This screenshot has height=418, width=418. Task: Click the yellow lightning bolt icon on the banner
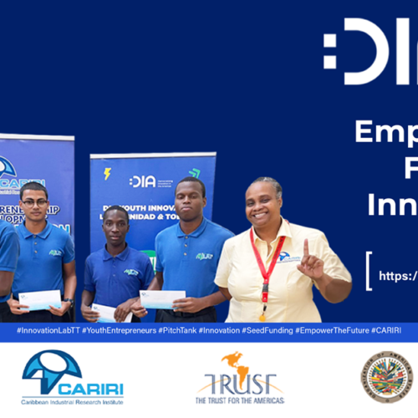[x=107, y=174]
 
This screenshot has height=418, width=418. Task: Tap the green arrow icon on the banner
[x=195, y=173]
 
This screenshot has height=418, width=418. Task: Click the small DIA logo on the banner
[x=143, y=181]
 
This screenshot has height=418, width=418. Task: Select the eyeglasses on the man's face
[x=34, y=201]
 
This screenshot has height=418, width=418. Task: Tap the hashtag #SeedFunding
[x=267, y=331]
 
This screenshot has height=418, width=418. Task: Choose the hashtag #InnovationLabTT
[x=43, y=331]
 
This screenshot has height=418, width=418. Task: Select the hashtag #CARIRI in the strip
[x=385, y=331]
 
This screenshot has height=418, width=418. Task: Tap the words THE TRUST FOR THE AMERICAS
[x=240, y=400]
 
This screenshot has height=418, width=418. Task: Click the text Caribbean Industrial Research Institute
[x=73, y=400]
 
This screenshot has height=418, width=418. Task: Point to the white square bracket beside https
[x=368, y=273]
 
